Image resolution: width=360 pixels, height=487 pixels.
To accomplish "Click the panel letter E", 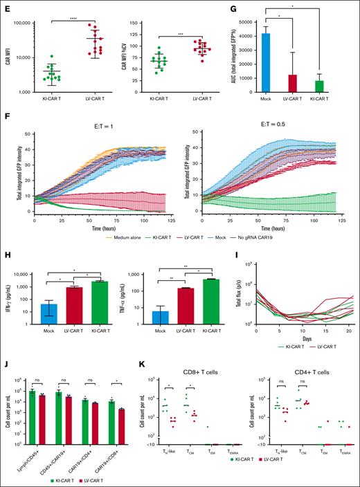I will pyautogui.click(x=6, y=6).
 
